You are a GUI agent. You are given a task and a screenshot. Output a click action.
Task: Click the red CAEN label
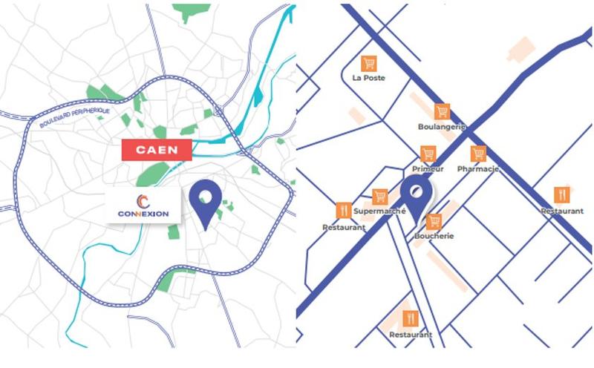[x=157, y=149]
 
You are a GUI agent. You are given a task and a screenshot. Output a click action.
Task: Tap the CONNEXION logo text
[x=143, y=214]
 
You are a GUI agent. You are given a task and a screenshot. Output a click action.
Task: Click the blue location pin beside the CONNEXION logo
[x=206, y=201]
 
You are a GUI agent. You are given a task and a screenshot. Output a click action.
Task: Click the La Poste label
[x=368, y=77]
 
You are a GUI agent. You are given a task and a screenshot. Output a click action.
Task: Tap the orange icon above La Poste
[x=368, y=63]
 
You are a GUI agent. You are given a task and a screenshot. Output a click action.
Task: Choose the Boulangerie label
[x=441, y=127]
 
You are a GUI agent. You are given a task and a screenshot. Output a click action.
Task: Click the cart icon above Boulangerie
[x=443, y=111]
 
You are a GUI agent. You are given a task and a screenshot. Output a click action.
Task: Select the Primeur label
[x=428, y=169]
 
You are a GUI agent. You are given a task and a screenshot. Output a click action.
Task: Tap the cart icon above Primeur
[x=428, y=154]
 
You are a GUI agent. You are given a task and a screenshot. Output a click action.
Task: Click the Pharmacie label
[x=477, y=169]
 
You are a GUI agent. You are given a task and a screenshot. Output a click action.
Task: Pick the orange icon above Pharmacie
[x=478, y=154]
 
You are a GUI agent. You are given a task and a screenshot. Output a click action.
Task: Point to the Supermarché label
[x=379, y=211]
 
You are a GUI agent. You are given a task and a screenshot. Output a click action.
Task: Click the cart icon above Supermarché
[x=380, y=197]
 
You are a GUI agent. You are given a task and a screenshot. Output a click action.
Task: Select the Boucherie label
[x=434, y=236]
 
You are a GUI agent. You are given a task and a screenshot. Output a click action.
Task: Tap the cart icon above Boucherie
[x=434, y=221]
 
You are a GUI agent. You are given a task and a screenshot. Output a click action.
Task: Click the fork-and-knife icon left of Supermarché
[x=342, y=210]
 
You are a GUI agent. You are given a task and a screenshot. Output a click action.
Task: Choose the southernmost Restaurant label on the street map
[x=411, y=335]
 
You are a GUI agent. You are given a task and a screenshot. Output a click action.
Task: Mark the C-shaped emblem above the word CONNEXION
[x=143, y=200]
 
